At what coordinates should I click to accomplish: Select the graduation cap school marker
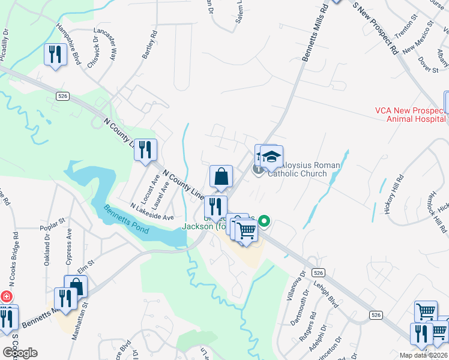271,157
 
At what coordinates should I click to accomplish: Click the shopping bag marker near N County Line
221,177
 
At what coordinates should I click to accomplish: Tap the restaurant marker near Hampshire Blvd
55,55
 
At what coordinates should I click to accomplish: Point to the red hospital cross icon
6,296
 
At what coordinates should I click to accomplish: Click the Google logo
20,353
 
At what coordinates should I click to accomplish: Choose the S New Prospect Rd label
376,28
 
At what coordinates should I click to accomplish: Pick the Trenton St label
406,28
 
